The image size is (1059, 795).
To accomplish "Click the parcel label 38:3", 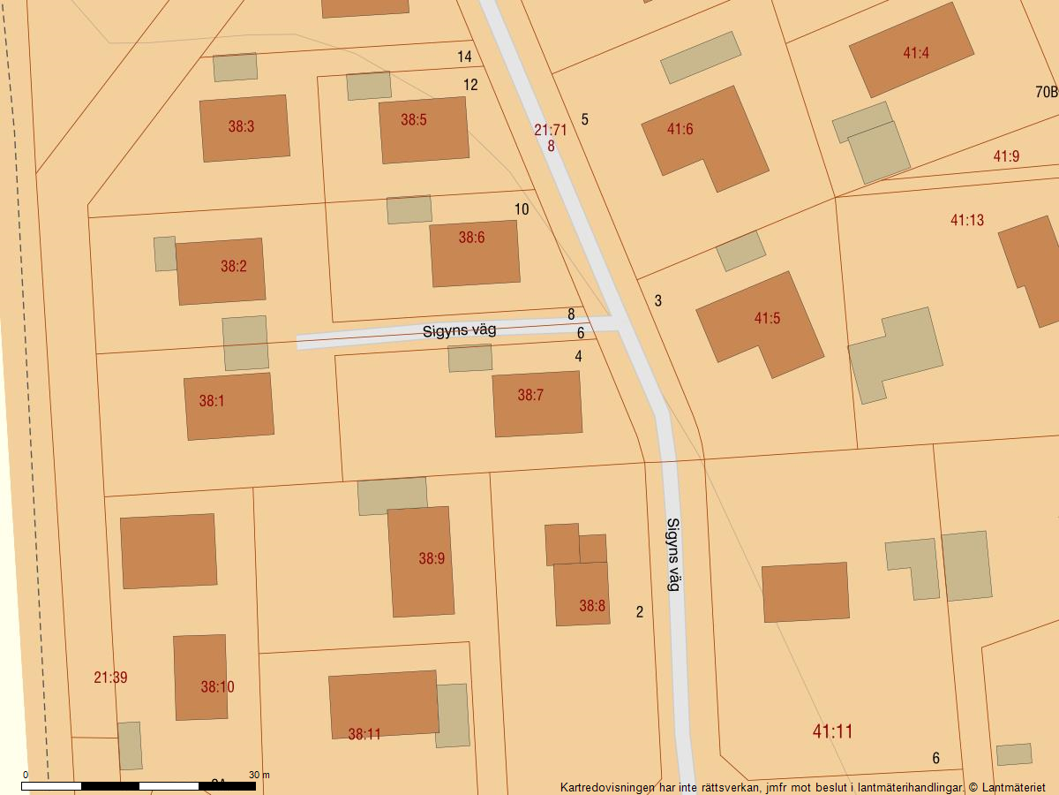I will click(241, 126).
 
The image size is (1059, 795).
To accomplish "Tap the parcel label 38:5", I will click(414, 119).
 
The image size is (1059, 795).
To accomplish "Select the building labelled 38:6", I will click(475, 254).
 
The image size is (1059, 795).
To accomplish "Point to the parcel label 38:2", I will click(234, 266).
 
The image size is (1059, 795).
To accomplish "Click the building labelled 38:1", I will click(229, 406).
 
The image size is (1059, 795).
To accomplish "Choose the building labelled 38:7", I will click(537, 404).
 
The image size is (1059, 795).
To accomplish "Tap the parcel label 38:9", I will click(432, 558).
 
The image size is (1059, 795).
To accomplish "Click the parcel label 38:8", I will click(592, 606).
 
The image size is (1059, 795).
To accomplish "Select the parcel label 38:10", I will click(217, 686).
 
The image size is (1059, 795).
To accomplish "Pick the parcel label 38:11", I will click(364, 733).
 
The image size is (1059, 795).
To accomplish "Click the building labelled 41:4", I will click(911, 50).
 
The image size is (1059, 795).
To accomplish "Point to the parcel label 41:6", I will click(680, 129).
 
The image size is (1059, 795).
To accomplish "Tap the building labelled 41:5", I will click(760, 323).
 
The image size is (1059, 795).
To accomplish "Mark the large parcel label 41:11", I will click(832, 731).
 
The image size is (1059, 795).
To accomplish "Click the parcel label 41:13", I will click(966, 220).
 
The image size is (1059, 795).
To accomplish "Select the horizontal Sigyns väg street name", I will click(459, 330).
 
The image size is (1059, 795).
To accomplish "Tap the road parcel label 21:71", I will click(550, 130).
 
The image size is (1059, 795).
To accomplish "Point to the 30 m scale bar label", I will click(259, 775).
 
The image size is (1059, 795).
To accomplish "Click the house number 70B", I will click(1046, 92).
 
